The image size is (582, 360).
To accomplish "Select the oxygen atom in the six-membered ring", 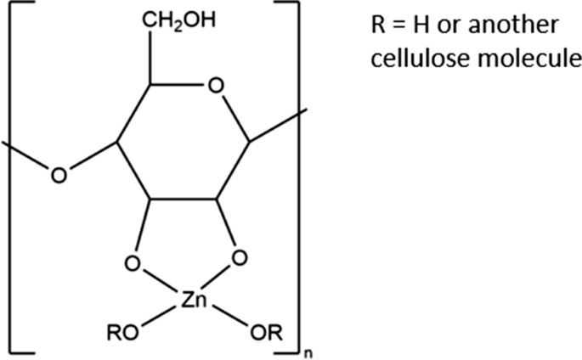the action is click(x=217, y=87).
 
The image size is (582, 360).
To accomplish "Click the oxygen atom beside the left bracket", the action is click(x=59, y=177).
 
